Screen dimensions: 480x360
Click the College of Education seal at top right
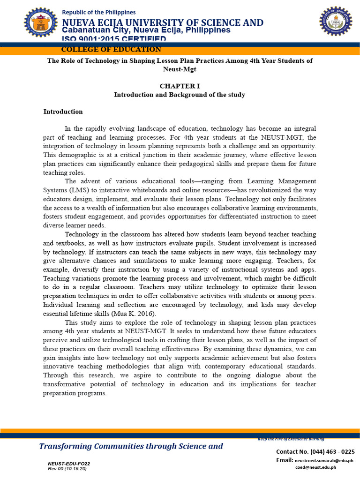tap(336, 21)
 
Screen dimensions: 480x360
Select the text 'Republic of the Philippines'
tap(99, 12)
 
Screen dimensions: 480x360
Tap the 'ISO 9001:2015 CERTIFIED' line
tap(114, 39)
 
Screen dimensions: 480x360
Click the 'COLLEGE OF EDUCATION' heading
tap(111, 50)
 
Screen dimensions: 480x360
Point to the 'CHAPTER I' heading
tap(180, 86)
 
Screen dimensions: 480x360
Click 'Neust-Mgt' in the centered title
tap(180, 69)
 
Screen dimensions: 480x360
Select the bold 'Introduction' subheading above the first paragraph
tap(63, 112)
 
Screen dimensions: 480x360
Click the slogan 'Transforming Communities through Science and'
tap(131, 446)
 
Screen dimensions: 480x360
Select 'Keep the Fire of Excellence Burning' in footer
tap(291, 439)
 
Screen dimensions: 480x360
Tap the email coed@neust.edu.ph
tap(315, 467)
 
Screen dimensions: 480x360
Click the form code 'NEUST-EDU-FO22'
tap(69, 464)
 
